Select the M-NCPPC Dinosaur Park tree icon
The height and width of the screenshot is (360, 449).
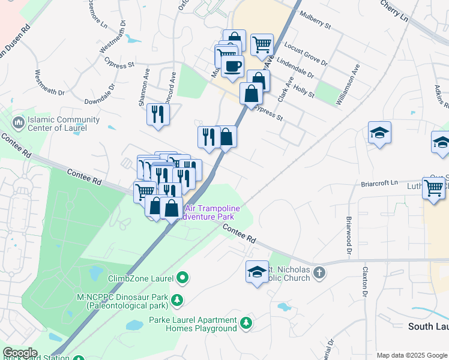[177, 300]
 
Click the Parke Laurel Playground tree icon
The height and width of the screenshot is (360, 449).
[246, 323]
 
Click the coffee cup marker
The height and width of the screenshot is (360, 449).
[232, 65]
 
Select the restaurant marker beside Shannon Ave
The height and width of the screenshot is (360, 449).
[158, 113]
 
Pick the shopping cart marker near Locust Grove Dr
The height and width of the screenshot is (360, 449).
[262, 44]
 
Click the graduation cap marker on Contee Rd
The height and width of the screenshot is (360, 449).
[257, 271]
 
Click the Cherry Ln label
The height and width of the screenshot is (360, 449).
[394, 10]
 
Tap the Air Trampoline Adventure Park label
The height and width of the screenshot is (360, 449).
[212, 212]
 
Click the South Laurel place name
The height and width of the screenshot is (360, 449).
[428, 326]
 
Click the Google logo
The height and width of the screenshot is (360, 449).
[20, 353]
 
